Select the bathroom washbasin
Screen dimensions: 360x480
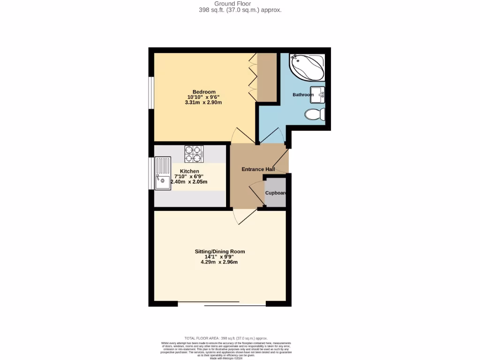coord(318,95)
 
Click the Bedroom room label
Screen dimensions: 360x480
coord(203,91)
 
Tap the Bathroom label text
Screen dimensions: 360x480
coord(303,95)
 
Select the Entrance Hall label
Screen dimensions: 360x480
coord(258,169)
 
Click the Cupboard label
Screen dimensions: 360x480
coord(276,193)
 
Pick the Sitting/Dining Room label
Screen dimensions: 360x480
coord(219,251)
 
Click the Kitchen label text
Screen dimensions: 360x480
coord(189,171)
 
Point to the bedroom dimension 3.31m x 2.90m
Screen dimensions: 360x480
coord(203,102)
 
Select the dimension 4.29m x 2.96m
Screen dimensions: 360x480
coord(219,262)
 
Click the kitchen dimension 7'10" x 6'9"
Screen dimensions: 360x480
coord(189,176)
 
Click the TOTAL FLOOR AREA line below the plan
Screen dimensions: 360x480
coord(226,338)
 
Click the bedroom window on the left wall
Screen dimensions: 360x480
coord(151,92)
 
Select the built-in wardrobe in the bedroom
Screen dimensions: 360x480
coord(267,77)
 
